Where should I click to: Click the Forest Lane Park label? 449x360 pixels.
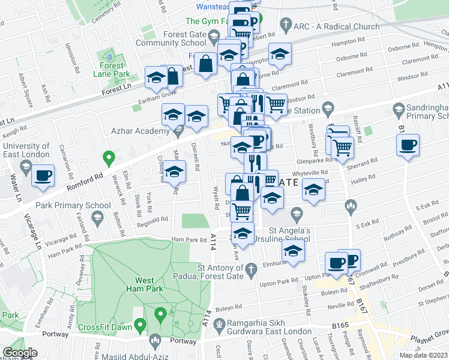coord(112,70)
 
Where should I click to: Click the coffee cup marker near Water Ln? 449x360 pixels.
coord(43,176)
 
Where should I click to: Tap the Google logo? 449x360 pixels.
coord(20,353)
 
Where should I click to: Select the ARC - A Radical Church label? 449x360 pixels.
coord(337,26)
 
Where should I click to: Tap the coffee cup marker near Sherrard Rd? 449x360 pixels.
coord(408,146)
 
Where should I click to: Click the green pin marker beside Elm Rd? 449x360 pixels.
coord(109,158)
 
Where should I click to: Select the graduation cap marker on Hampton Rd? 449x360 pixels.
coord(279,55)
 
